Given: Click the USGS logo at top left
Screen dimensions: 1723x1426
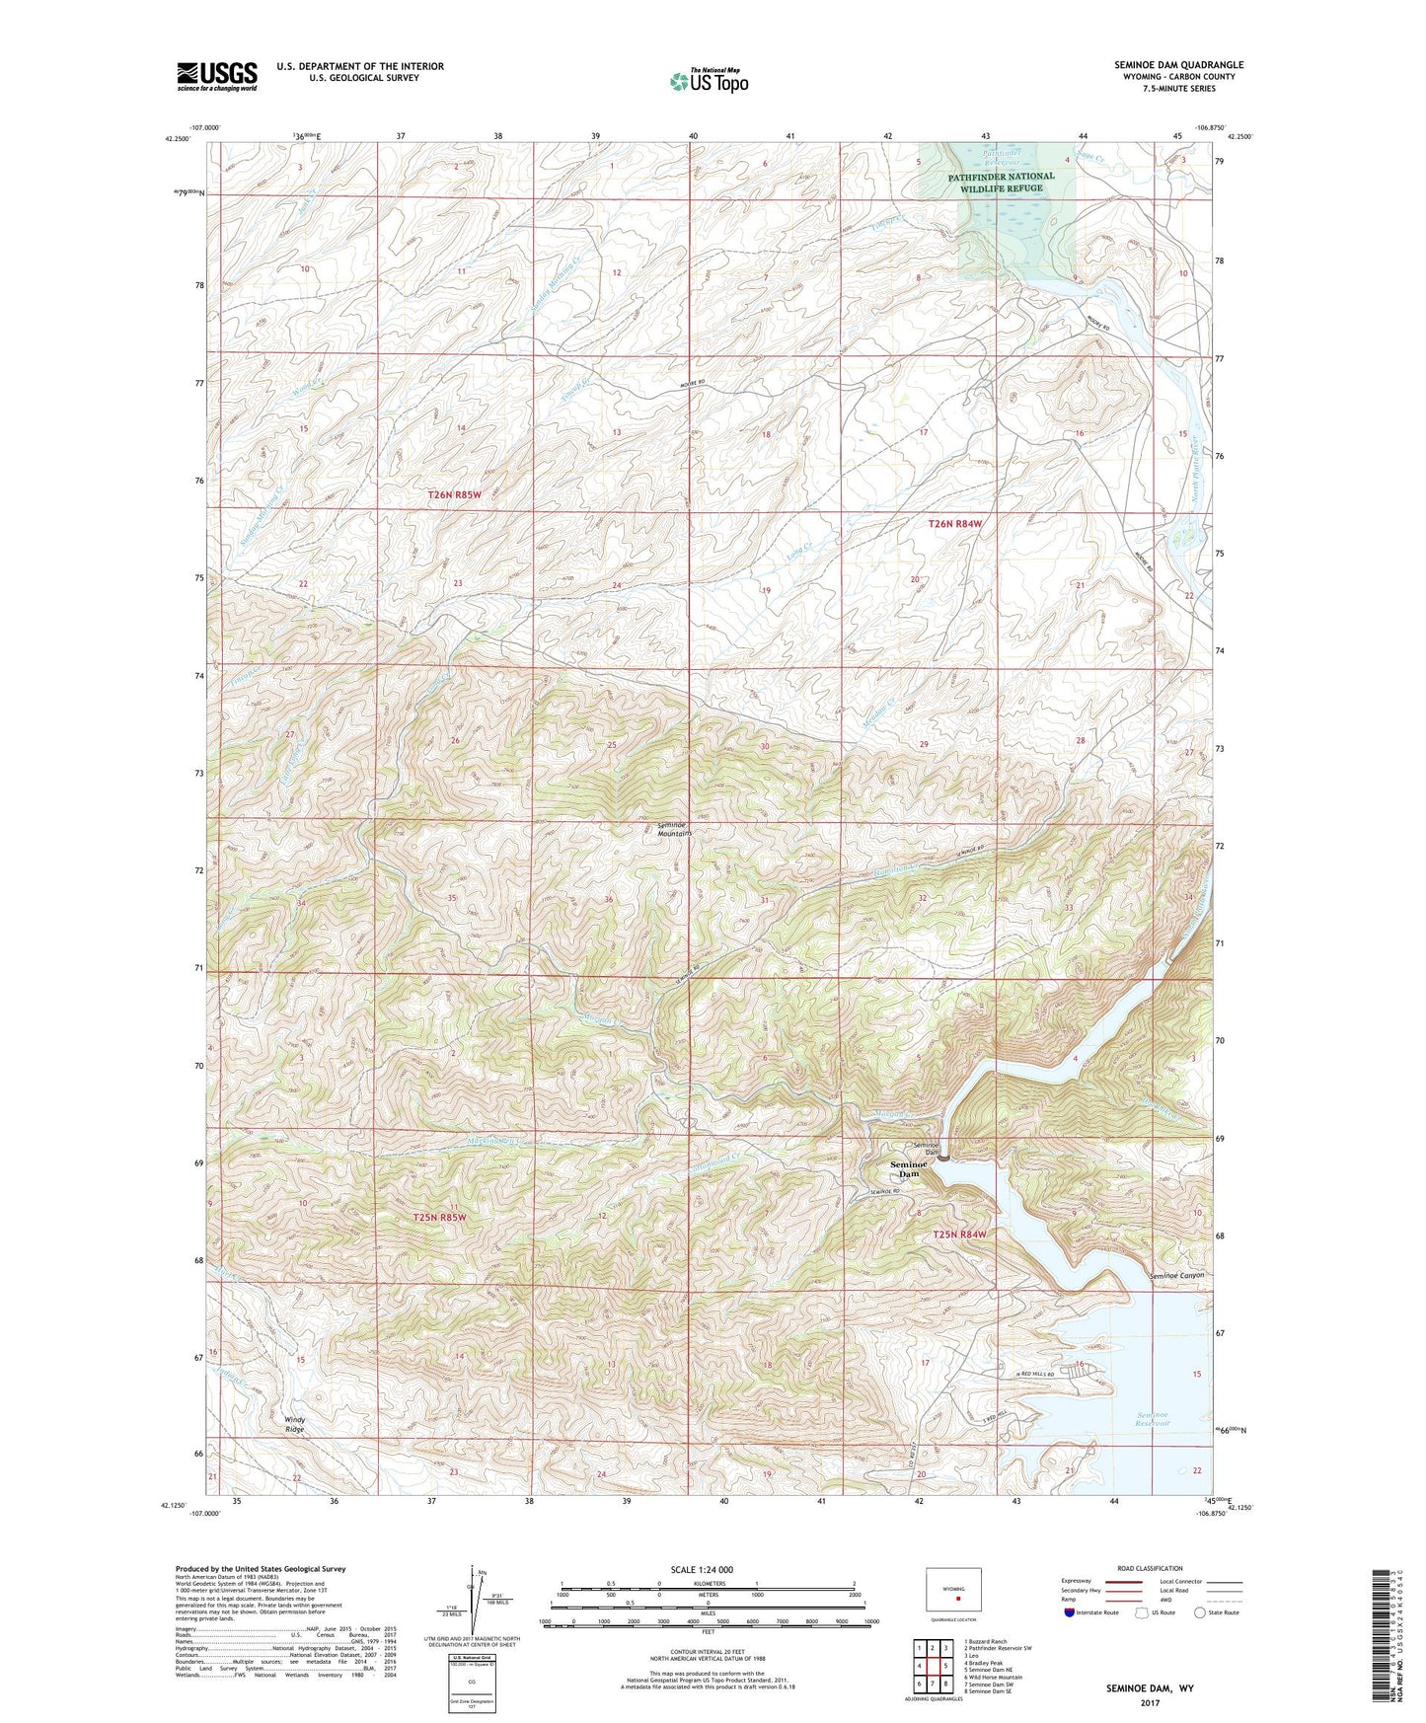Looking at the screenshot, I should [x=216, y=76].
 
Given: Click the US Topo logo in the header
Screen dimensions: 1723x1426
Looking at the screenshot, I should [x=708, y=81].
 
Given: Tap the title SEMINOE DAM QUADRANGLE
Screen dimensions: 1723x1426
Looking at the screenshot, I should [x=1178, y=65].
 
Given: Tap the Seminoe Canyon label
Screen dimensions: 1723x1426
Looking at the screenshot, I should [x=1176, y=1276].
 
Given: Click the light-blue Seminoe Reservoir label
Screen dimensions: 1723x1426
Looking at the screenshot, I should [x=1152, y=1419].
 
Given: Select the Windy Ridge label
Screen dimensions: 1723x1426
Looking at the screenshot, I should [x=295, y=1424].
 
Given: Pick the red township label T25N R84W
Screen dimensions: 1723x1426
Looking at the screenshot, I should [x=959, y=1235].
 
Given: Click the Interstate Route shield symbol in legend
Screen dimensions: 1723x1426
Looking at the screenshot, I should [x=1070, y=1612].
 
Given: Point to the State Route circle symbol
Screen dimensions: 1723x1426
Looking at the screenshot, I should [x=1200, y=1612].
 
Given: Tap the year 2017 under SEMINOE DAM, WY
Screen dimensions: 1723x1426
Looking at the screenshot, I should [x=1150, y=1702].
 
